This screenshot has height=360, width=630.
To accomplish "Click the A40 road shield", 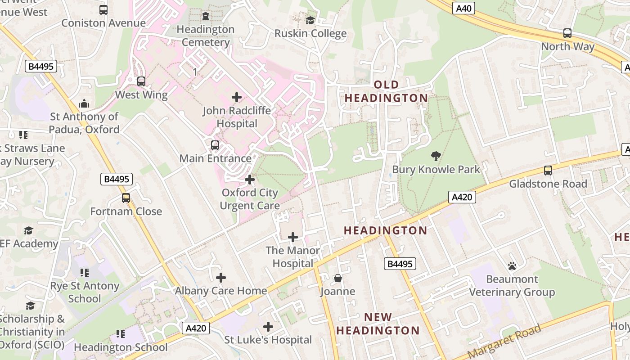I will (463, 8).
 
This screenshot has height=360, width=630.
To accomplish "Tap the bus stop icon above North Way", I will (567, 33).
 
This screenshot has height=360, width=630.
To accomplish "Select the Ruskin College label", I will (310, 33).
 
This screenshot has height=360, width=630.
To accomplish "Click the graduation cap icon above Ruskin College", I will (310, 20).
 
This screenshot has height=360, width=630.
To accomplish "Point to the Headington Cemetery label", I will (205, 36).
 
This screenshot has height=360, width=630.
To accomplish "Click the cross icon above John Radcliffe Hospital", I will (237, 97).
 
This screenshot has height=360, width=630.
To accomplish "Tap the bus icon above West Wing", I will (141, 81).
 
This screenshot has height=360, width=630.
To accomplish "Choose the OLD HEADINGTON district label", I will (386, 91).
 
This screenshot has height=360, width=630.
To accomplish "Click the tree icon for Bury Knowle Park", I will (436, 156).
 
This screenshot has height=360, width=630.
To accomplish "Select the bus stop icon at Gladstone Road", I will (548, 171).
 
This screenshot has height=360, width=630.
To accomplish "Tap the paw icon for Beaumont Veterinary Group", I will (512, 266).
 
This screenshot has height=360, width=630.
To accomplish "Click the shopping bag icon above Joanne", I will (338, 279).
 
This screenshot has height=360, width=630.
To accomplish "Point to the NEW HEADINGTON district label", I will (378, 324).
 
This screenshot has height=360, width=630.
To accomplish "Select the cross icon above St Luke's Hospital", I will (268, 327).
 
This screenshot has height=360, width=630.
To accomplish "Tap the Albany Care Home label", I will (221, 291).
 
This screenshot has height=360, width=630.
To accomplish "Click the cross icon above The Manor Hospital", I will (293, 237).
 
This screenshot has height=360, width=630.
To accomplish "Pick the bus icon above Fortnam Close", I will (126, 198).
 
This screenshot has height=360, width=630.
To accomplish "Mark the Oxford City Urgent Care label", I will (250, 199).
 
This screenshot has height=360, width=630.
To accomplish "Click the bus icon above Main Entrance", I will (215, 145).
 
